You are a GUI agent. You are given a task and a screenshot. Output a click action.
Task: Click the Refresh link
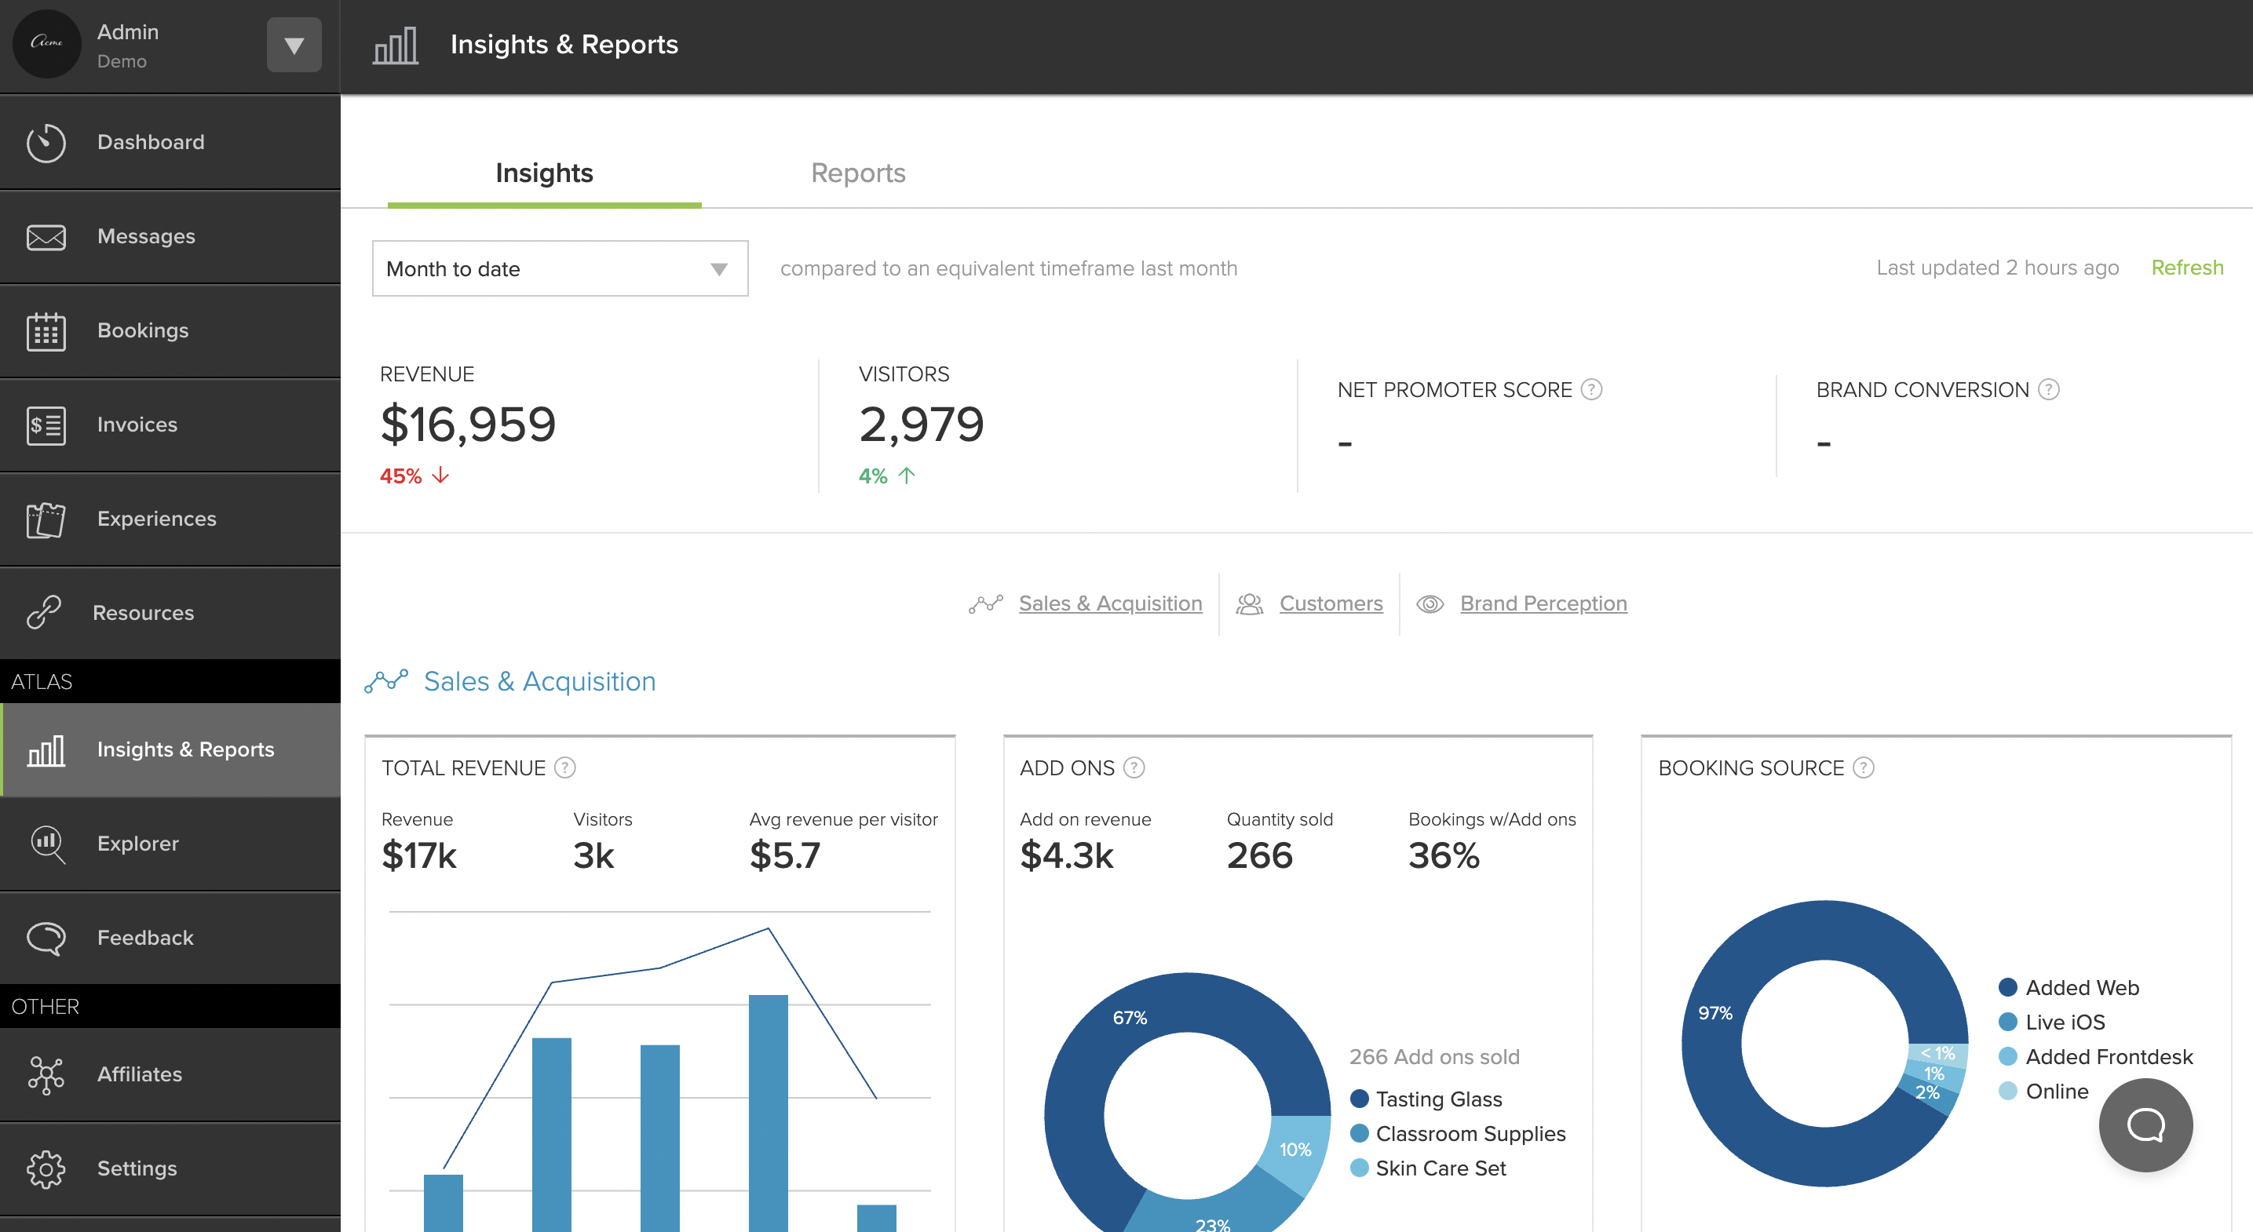click(x=2186, y=268)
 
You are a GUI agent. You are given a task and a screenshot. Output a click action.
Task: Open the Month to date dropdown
click(x=560, y=268)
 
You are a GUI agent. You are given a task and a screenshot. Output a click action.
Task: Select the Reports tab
click(x=858, y=173)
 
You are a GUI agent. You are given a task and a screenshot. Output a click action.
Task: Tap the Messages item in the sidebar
click(x=146, y=236)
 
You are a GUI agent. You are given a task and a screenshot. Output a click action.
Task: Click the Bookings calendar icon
click(x=46, y=330)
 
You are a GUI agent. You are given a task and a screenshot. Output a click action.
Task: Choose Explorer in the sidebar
click(x=137, y=843)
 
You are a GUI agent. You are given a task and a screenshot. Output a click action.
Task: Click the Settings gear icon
click(x=46, y=1168)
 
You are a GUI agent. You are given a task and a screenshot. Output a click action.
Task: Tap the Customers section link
click(x=1331, y=603)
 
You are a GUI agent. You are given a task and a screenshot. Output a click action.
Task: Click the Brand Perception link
click(x=1543, y=603)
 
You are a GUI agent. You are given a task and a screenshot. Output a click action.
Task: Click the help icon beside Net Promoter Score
click(x=1592, y=389)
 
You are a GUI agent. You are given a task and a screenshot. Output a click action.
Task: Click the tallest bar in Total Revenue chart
click(x=768, y=1110)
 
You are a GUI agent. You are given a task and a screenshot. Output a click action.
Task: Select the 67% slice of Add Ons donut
click(x=1129, y=1018)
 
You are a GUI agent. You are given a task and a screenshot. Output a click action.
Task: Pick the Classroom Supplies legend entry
click(x=1470, y=1133)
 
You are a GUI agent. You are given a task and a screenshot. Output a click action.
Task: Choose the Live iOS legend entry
click(x=2064, y=1022)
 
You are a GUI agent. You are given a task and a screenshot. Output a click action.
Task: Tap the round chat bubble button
click(x=2145, y=1124)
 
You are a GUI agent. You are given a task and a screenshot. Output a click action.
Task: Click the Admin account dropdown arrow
click(x=294, y=45)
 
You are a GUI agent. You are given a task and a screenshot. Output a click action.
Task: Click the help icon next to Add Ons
click(x=1134, y=767)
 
